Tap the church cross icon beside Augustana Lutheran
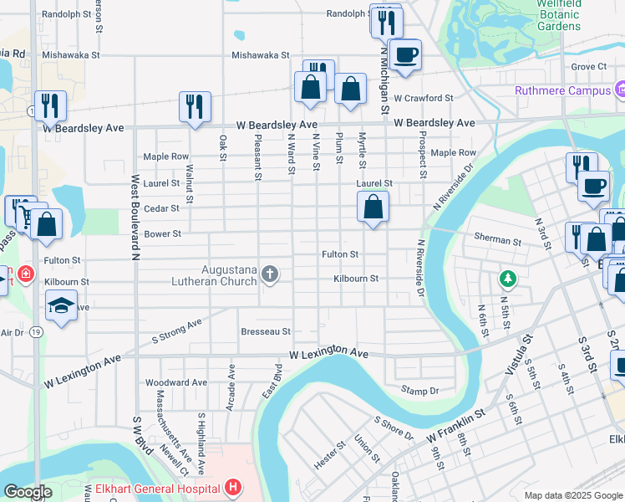pos(269,274)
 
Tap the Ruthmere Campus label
pos(563,90)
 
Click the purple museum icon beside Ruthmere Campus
pos(619,90)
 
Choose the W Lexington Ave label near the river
pos(329,355)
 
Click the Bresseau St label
pos(266,332)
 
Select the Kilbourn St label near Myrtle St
pos(356,279)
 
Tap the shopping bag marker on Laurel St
pos(373,207)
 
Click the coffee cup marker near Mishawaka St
pos(405,55)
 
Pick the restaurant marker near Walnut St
pos(195,106)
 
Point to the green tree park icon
pos(506,277)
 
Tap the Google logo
pos(28,492)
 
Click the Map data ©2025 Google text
pos(572,495)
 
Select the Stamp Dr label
pos(419,391)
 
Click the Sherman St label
pos(497,240)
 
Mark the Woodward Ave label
pos(176,382)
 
